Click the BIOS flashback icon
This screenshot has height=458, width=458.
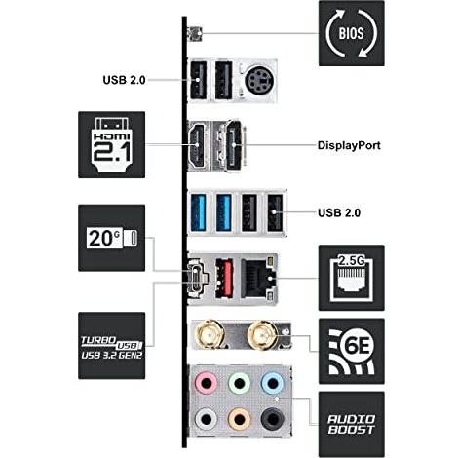coord(352,33)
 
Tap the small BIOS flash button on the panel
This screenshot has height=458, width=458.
coord(195,34)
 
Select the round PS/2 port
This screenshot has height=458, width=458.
coord(258,80)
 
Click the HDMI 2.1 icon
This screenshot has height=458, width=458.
coord(111,145)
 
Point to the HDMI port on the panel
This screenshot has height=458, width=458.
coord(197,145)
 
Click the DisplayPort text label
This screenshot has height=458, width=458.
coord(349,145)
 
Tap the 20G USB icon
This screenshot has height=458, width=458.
coord(111,238)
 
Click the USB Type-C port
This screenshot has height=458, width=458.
coord(198,279)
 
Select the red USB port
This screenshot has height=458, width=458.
coord(224,278)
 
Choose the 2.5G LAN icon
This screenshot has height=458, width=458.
coord(352,278)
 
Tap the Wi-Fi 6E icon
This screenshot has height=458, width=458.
coord(352,351)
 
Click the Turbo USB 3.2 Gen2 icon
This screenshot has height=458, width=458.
coord(111,346)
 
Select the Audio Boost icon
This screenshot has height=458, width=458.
coord(352,424)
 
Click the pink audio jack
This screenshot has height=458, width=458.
coord(206,383)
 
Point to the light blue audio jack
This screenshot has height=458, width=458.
coord(272,383)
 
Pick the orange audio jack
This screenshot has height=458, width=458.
coord(239,419)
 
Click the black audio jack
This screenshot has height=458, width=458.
coord(272,419)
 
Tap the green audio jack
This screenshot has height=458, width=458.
coord(239,383)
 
